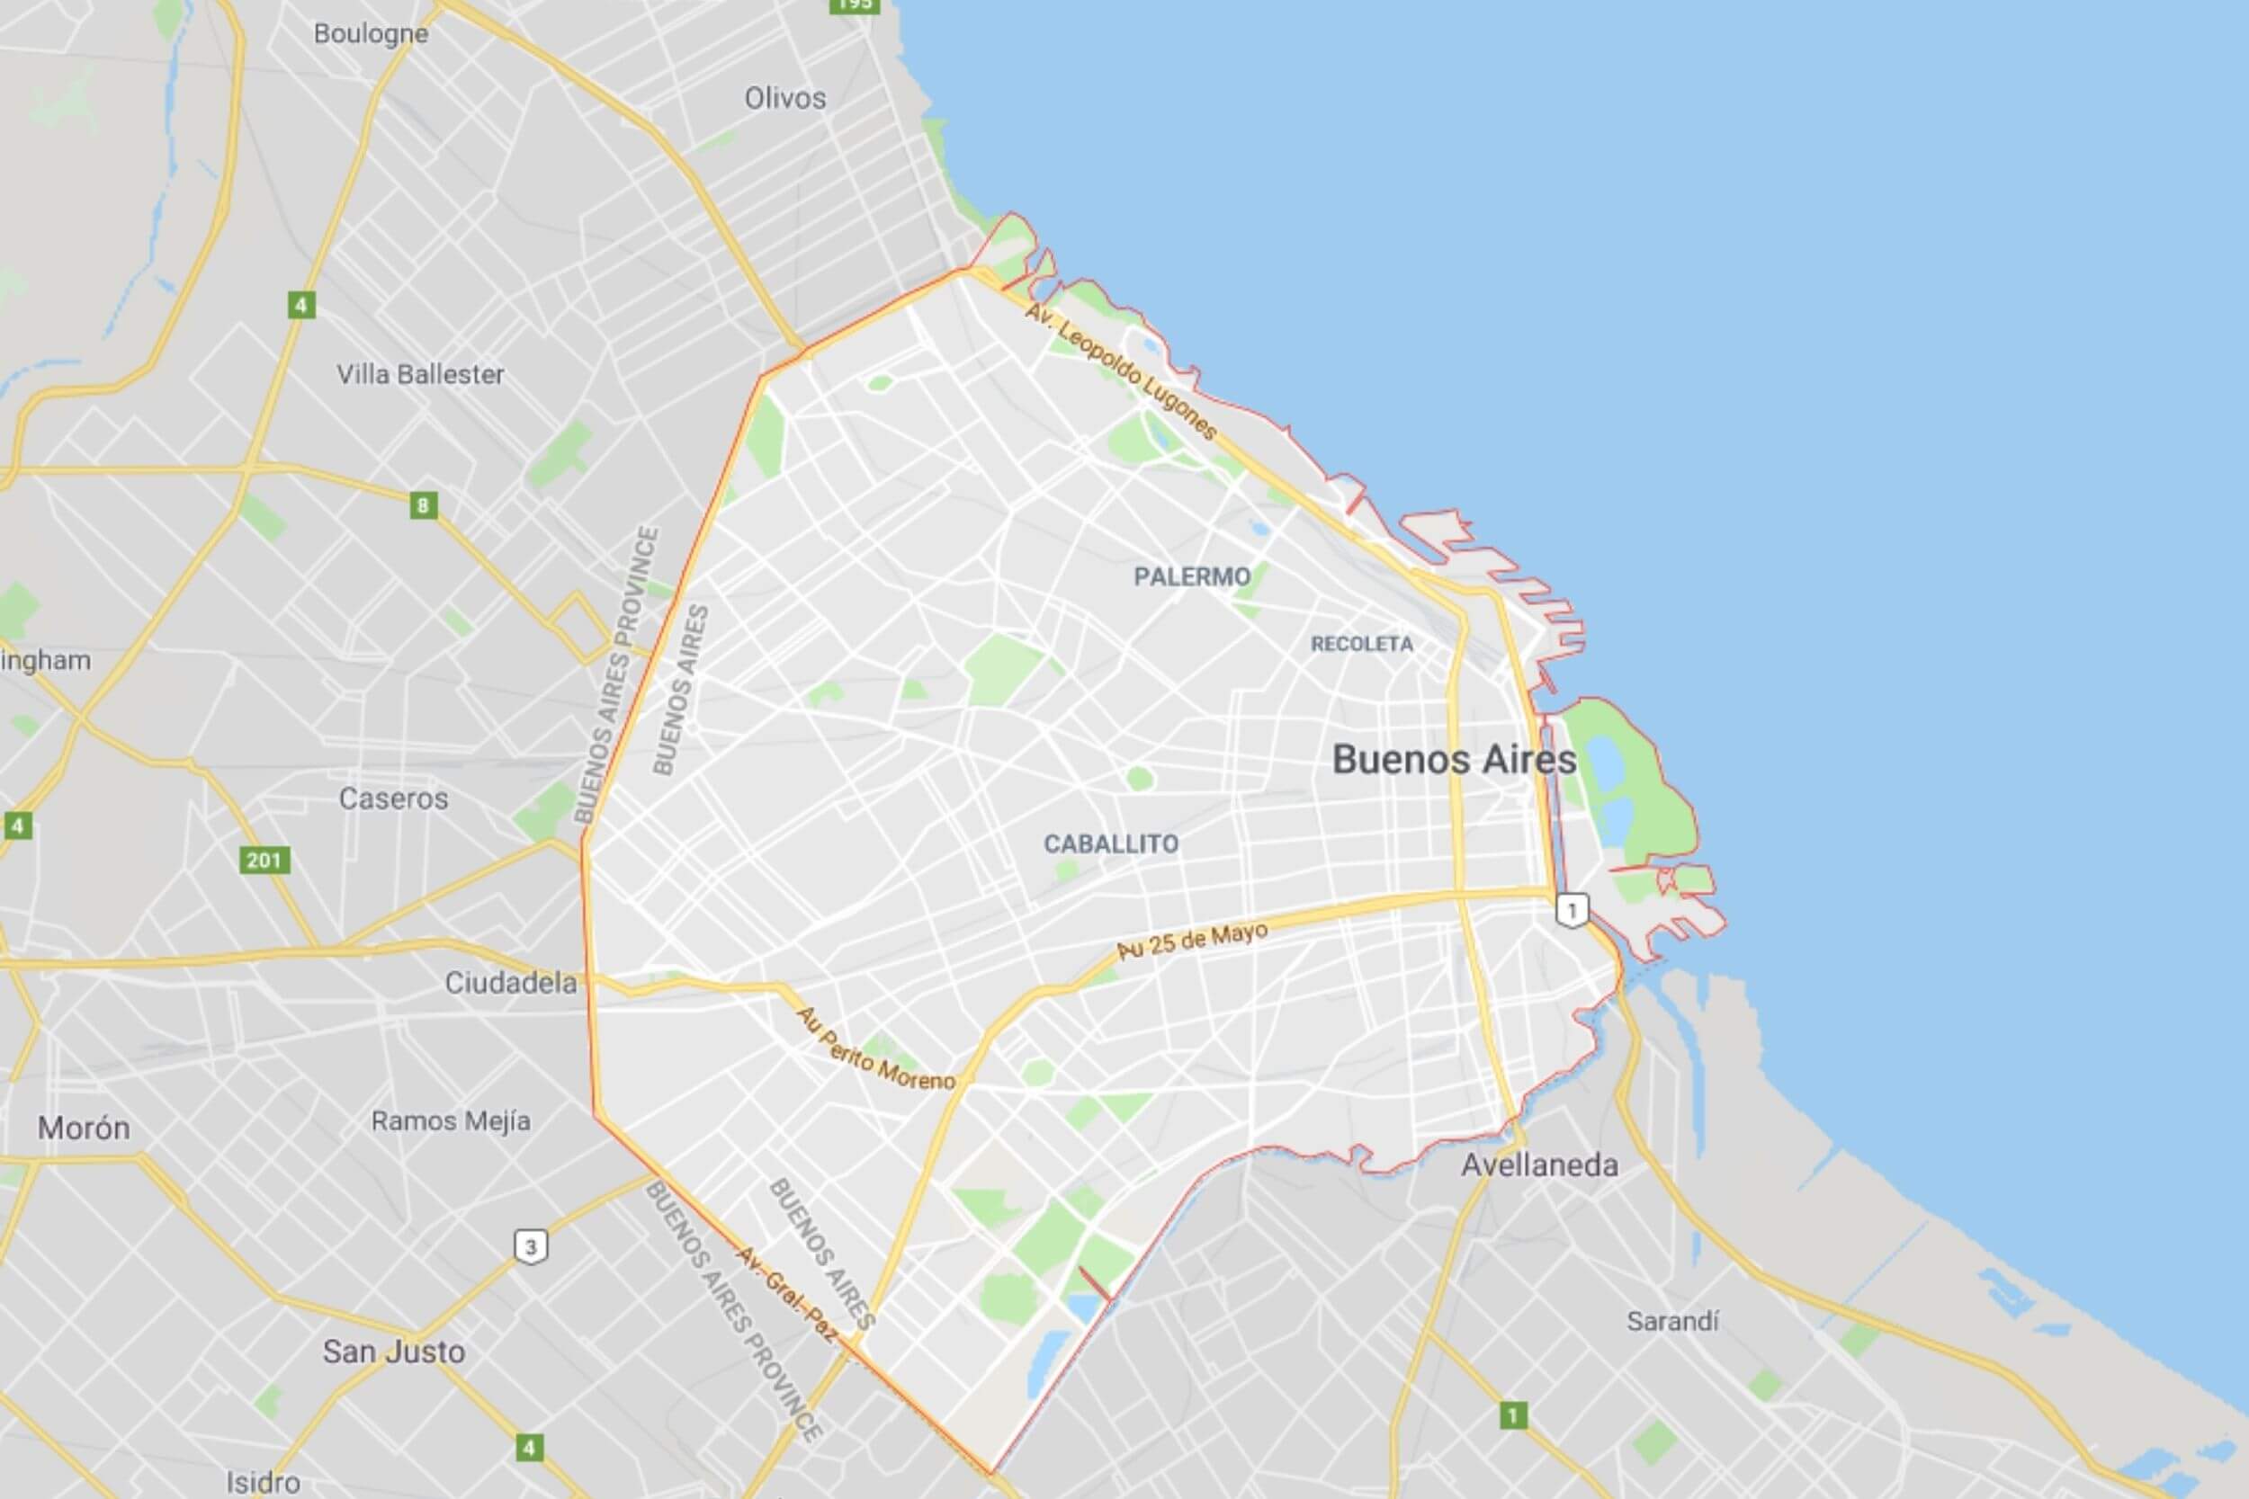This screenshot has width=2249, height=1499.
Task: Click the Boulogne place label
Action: pyautogui.click(x=371, y=34)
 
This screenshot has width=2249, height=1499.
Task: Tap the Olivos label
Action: pyautogui.click(x=785, y=97)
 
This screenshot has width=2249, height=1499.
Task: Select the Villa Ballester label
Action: pyautogui.click(x=420, y=374)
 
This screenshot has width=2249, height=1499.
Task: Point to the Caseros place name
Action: pyautogui.click(x=393, y=799)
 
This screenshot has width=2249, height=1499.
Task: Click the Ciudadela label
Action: pyautogui.click(x=511, y=983)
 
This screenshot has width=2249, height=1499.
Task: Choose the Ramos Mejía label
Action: pyautogui.click(x=451, y=1120)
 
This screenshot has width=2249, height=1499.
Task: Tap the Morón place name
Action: pyautogui.click(x=85, y=1129)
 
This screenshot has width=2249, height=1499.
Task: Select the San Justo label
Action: pyautogui.click(x=393, y=1351)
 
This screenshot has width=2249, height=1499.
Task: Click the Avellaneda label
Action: pyautogui.click(x=1539, y=1165)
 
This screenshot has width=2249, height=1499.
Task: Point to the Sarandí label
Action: pyautogui.click(x=1672, y=1321)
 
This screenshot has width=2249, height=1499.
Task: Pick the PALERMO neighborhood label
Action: pyautogui.click(x=1191, y=576)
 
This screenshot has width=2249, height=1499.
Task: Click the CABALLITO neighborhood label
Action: pyautogui.click(x=1110, y=844)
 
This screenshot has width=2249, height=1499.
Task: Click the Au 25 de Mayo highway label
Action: pyautogui.click(x=1192, y=940)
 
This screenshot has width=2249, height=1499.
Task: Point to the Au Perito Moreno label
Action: pyautogui.click(x=875, y=1049)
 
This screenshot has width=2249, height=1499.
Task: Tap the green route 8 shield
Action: pyautogui.click(x=424, y=504)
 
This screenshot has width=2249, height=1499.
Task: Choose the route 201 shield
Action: pyautogui.click(x=264, y=860)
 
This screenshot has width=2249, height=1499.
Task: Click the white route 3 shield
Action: pyautogui.click(x=532, y=1246)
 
